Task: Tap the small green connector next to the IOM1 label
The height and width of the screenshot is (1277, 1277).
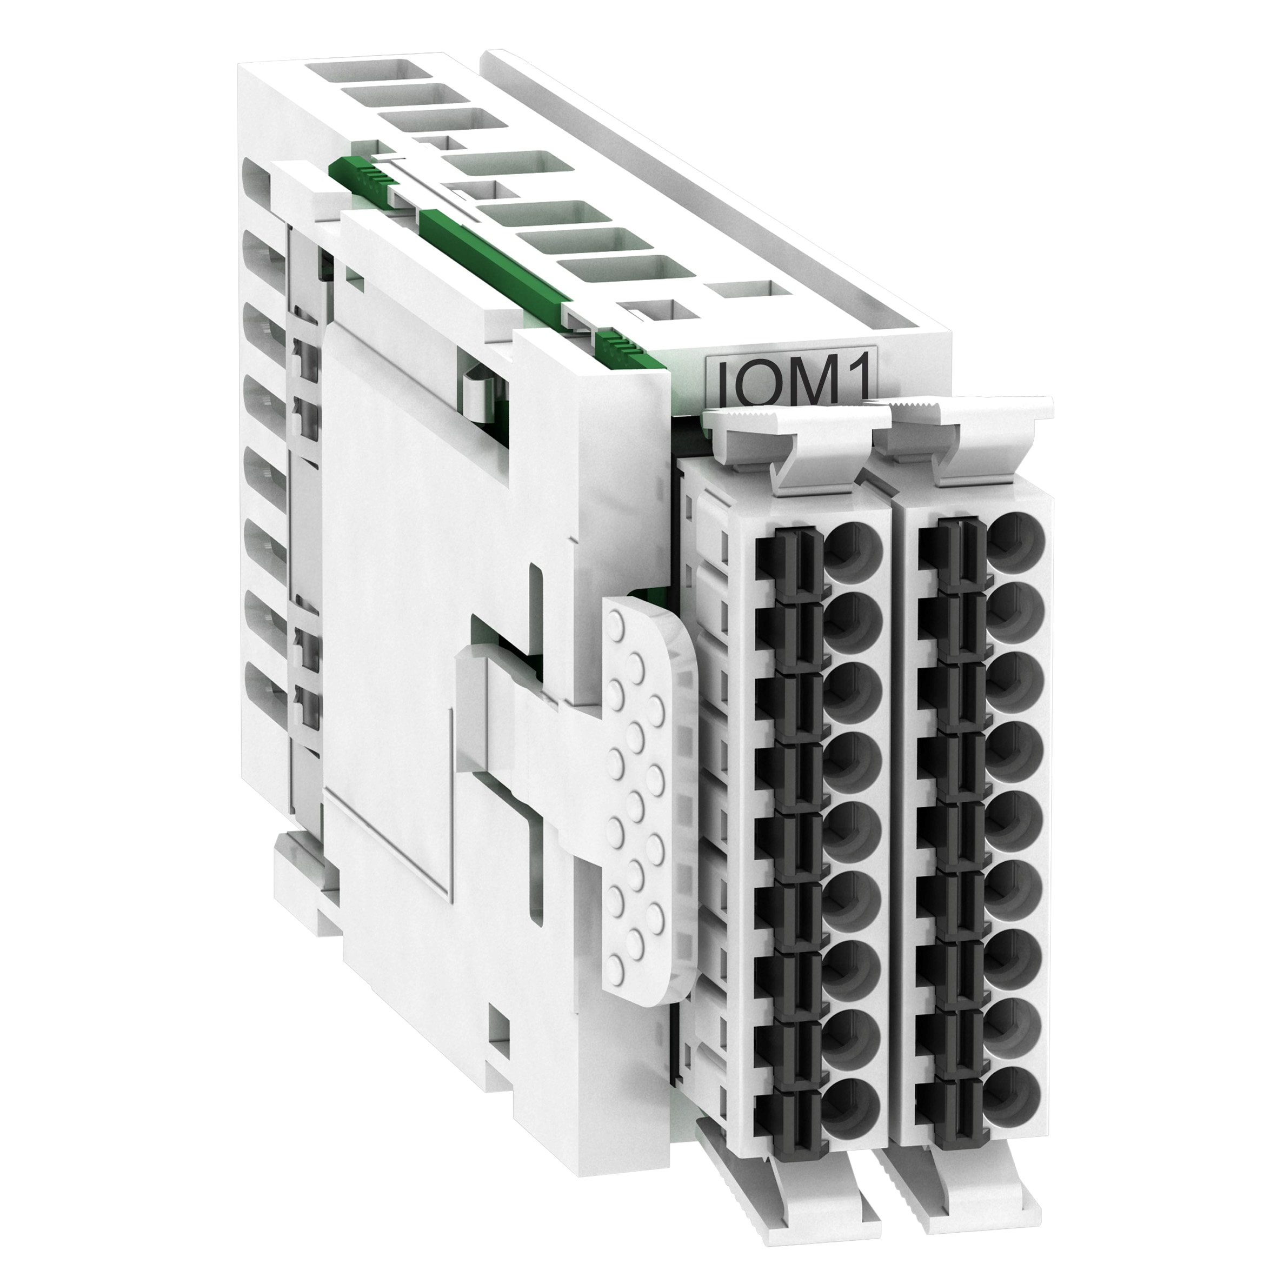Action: (x=621, y=344)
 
